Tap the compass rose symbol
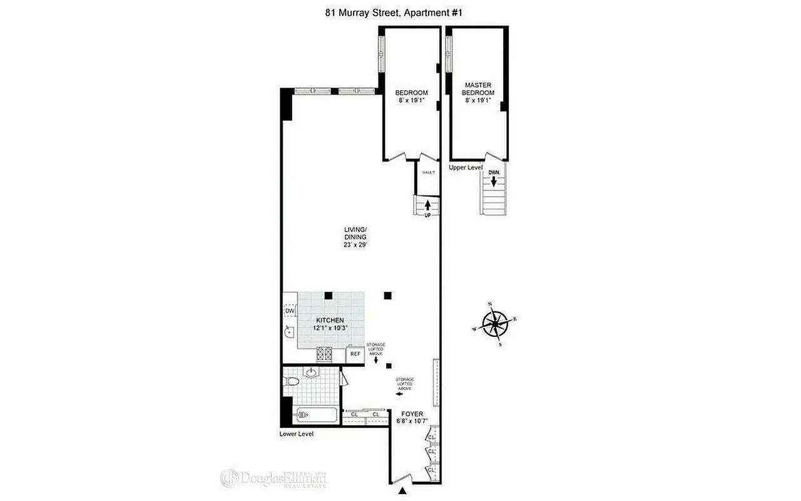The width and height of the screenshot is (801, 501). (496, 324)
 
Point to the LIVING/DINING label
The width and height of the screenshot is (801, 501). (355, 233)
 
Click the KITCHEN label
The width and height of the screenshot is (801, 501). (330, 320)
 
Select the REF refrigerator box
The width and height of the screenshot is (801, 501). (355, 354)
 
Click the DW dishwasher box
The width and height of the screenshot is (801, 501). (290, 311)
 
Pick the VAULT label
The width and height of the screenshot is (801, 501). (429, 172)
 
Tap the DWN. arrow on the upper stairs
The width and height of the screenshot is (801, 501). (494, 181)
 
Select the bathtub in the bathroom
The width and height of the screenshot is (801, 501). (317, 414)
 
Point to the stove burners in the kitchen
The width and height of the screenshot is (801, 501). (325, 354)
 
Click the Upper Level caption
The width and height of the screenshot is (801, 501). (466, 168)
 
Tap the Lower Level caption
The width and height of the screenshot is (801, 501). (297, 433)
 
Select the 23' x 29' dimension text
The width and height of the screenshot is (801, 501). (355, 245)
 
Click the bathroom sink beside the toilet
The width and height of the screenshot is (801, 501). (311, 374)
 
